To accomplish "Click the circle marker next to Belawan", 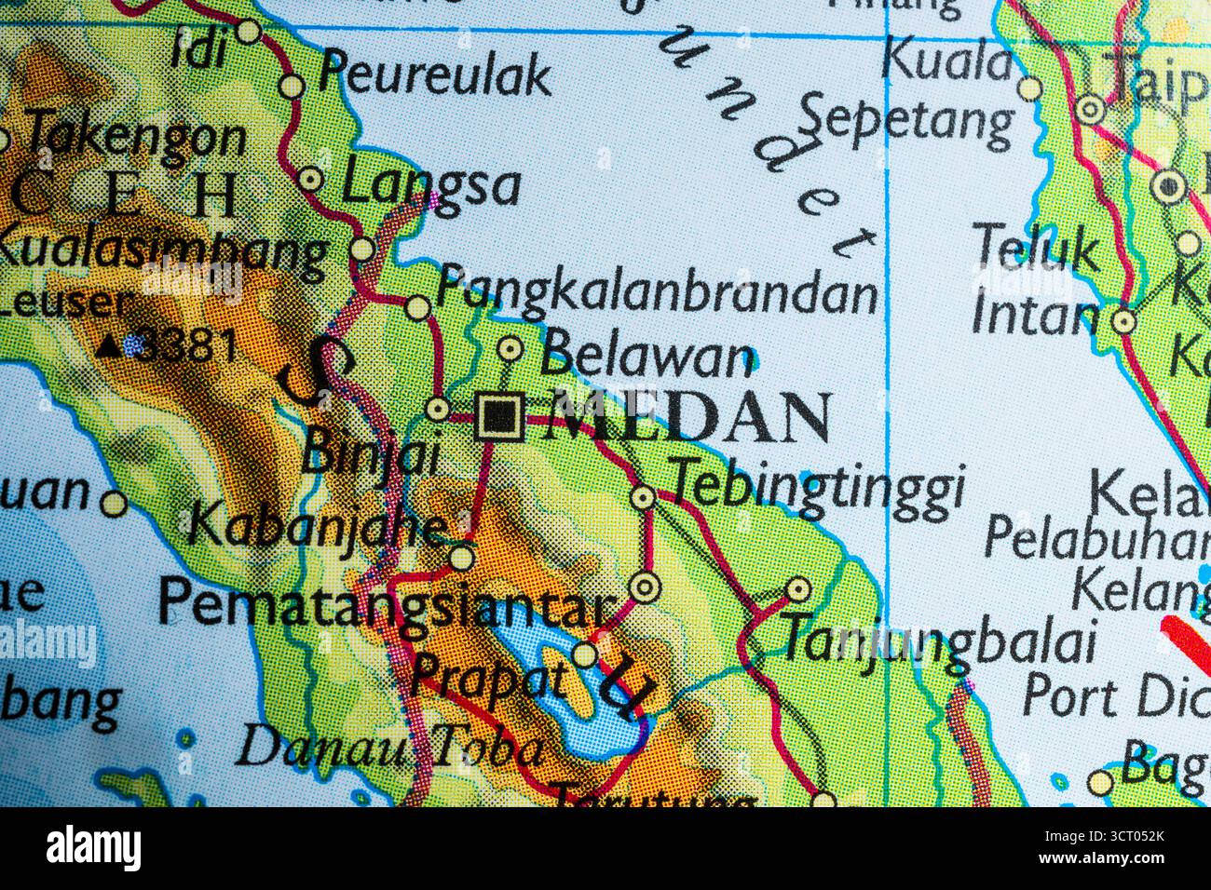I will coord(509,349).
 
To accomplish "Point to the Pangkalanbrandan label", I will coord(657,290).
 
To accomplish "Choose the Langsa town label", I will coord(429,184).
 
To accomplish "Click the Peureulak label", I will coord(435,74).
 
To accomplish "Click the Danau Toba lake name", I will coord(390,748).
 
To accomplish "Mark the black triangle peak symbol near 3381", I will coord(110,347).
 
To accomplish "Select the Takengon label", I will coord(136,137).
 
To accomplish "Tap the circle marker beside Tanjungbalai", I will coord(798,589).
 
